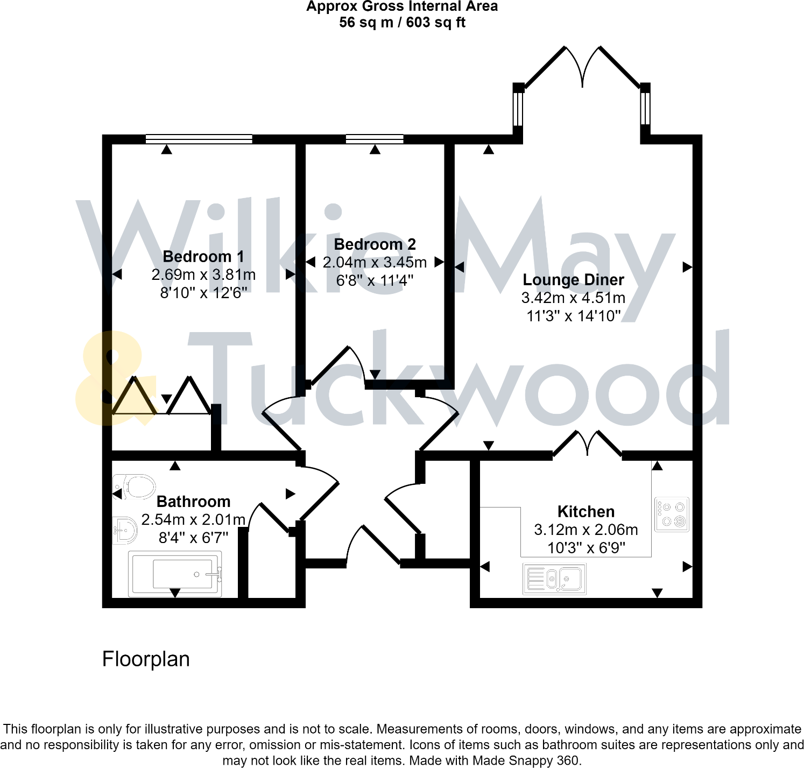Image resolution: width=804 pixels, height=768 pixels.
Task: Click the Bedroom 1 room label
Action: [203, 257]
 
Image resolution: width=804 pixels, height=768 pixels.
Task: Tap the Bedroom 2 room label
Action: [375, 244]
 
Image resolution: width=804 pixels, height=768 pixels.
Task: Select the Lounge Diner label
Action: [573, 280]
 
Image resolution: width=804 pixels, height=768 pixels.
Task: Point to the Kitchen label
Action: [586, 511]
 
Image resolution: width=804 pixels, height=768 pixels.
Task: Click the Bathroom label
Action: [193, 502]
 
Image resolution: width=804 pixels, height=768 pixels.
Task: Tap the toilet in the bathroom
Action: [134, 487]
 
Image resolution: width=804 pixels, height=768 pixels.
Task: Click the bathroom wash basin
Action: [125, 531]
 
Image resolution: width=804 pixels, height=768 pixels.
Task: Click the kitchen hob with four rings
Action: [672, 515]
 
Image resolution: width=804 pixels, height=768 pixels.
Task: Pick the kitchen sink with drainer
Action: [554, 579]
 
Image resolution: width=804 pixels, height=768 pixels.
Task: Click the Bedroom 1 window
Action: [199, 139]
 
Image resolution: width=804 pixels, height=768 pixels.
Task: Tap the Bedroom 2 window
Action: [375, 139]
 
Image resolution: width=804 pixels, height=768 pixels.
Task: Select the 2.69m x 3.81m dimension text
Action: [203, 275]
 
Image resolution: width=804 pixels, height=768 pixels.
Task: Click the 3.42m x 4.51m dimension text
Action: [573, 298]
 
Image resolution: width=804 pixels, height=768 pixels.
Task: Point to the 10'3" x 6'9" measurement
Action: [586, 548]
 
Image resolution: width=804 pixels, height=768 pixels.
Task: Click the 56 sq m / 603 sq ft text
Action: [402, 23]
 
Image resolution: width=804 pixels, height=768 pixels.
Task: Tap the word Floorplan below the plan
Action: [146, 659]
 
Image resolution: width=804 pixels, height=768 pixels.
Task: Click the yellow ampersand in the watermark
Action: [113, 379]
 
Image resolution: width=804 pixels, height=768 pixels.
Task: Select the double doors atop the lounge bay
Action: [582, 67]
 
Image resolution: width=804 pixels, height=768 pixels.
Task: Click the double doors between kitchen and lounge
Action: [588, 443]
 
